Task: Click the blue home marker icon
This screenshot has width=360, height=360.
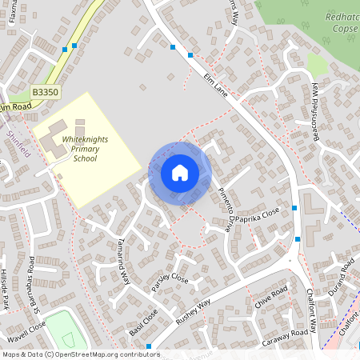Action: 180,172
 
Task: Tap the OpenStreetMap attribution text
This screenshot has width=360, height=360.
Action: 80,354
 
